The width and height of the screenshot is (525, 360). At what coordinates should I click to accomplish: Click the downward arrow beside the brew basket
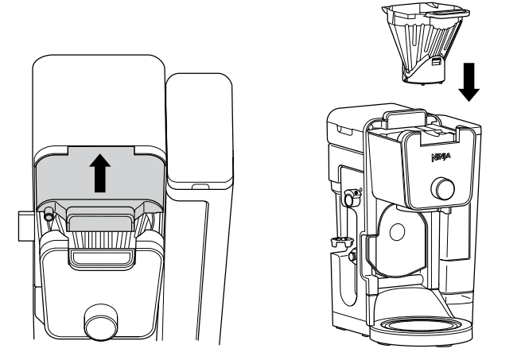pyautogui.click(x=469, y=81)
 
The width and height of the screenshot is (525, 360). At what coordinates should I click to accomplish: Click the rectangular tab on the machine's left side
pyautogui.click(x=24, y=226)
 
